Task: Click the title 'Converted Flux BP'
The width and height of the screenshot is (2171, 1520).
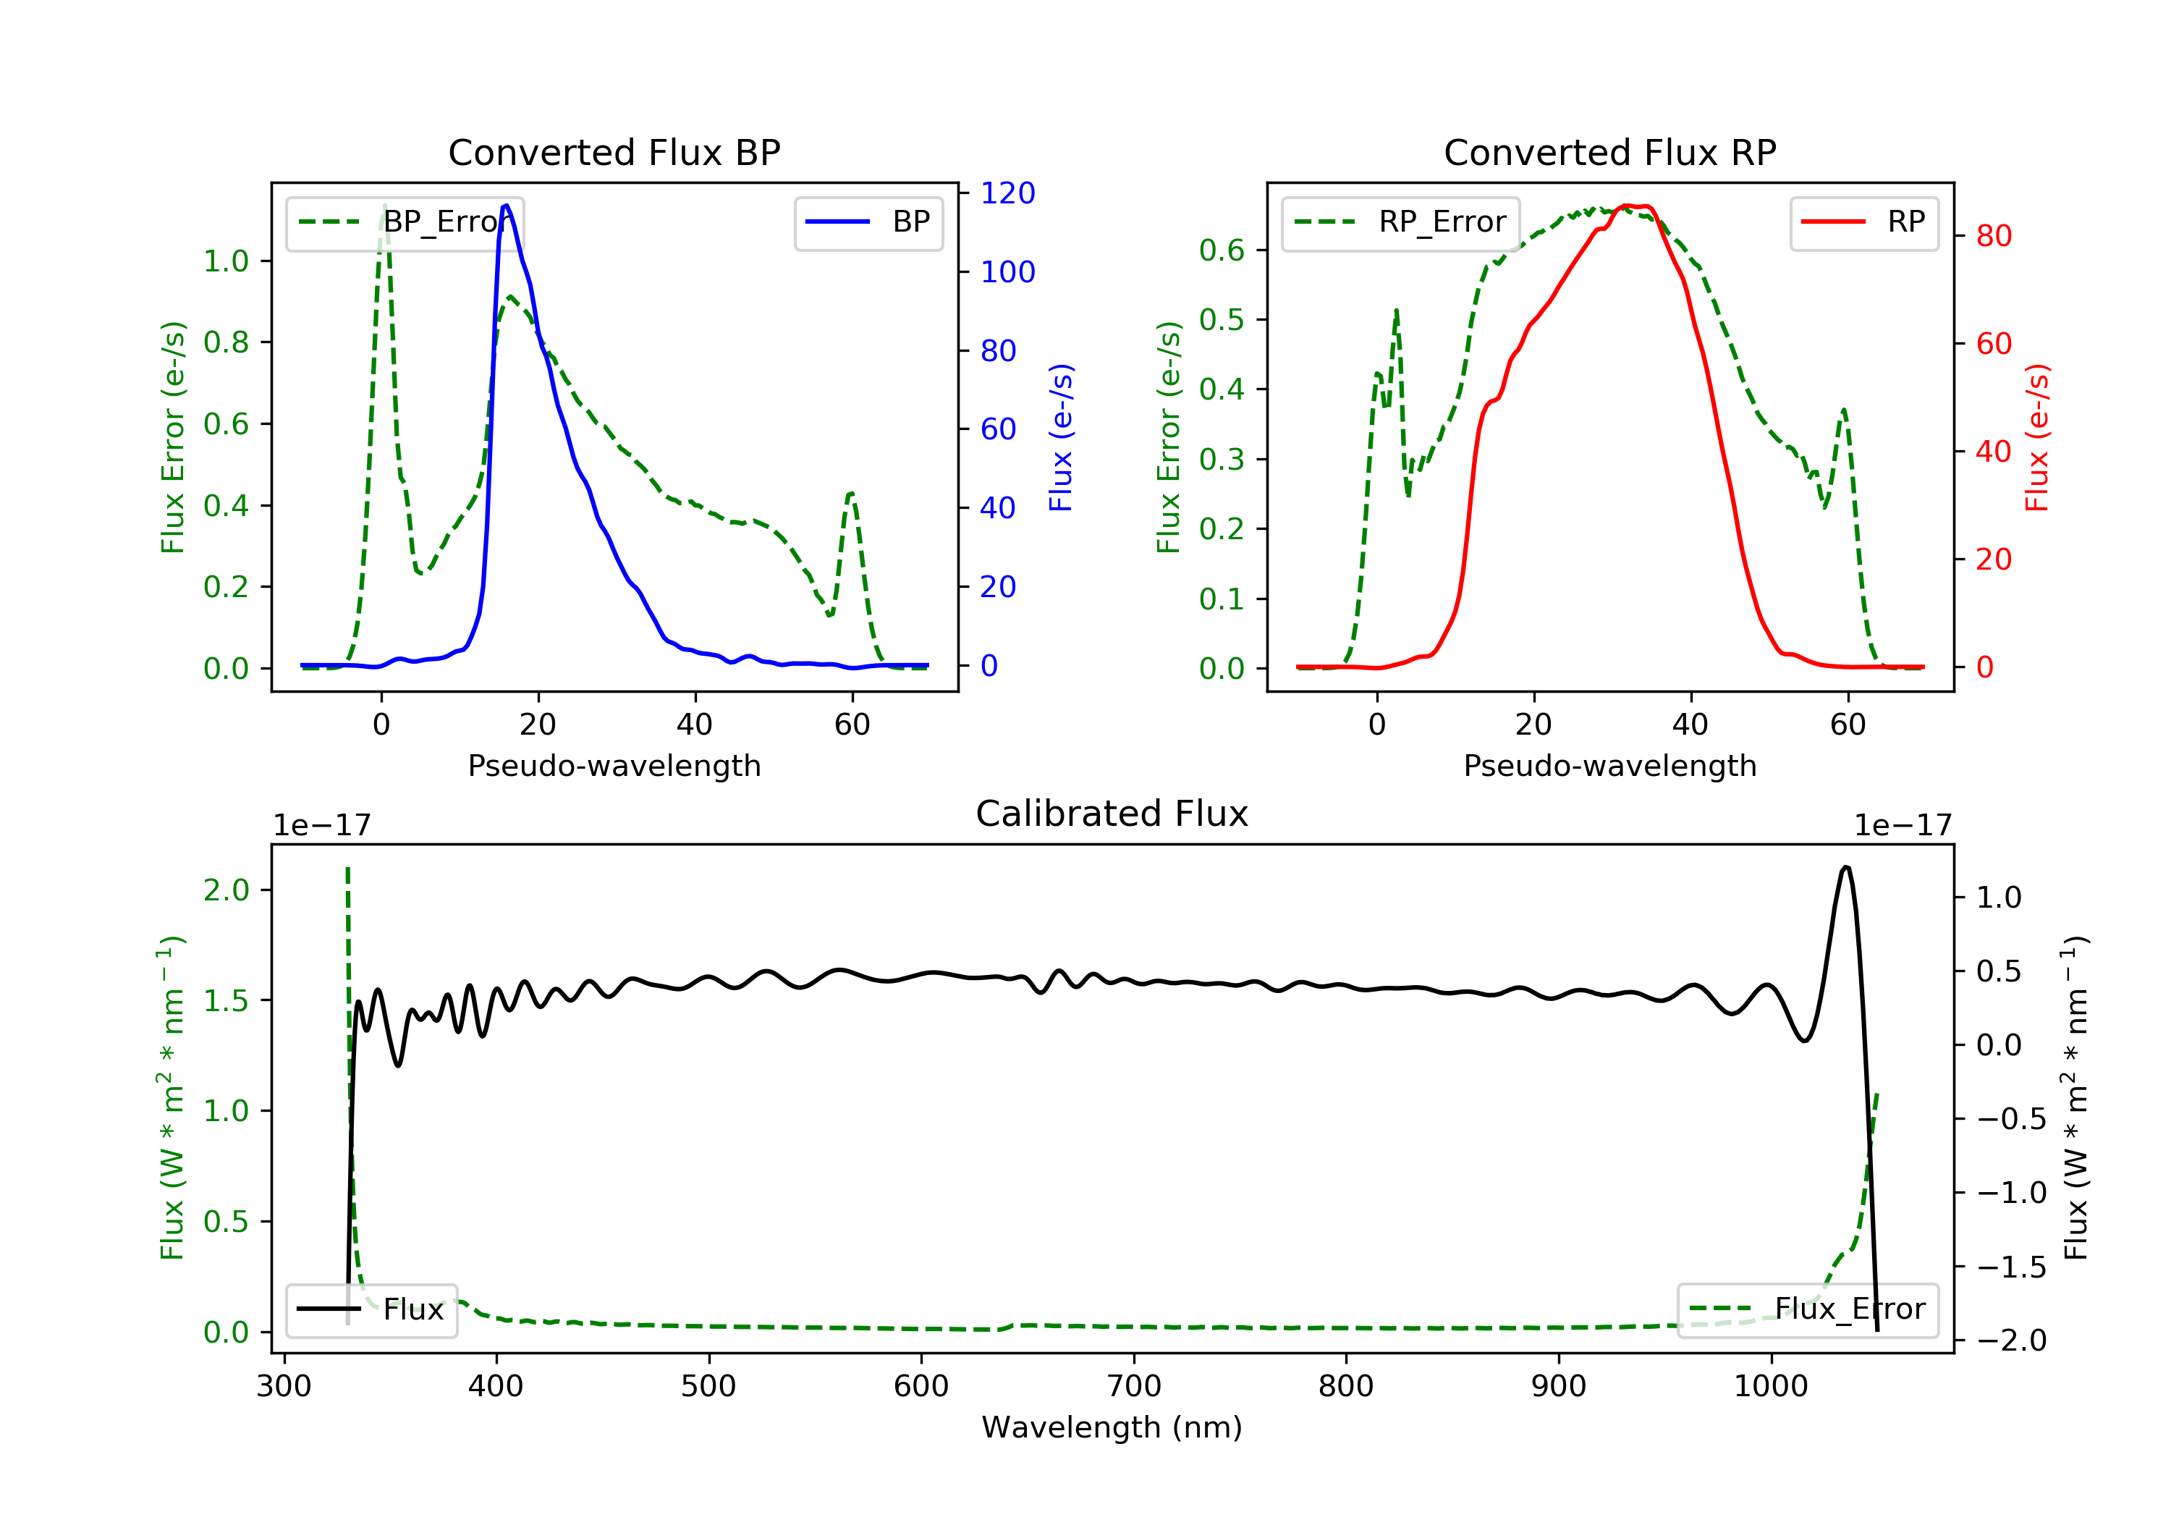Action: (614, 152)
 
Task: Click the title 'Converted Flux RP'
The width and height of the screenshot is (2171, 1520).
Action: (1609, 152)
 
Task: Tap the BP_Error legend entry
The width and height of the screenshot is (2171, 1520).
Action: (405, 222)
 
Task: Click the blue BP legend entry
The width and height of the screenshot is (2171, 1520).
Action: (868, 222)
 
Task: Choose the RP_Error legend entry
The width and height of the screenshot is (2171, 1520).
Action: (1400, 222)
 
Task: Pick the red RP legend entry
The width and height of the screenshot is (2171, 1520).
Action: (1863, 222)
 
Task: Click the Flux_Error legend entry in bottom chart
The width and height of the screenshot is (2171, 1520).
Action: (1807, 1309)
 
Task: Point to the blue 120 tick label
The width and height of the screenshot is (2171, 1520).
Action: (1007, 193)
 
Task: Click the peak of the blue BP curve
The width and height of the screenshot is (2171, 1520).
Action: (506, 206)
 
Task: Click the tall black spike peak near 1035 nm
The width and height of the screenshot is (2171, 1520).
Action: (1846, 866)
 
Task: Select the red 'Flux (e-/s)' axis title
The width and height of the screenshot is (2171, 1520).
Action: (2036, 437)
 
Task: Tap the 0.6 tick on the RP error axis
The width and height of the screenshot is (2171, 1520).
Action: (1221, 250)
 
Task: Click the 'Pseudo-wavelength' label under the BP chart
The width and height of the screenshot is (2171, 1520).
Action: (614, 765)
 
